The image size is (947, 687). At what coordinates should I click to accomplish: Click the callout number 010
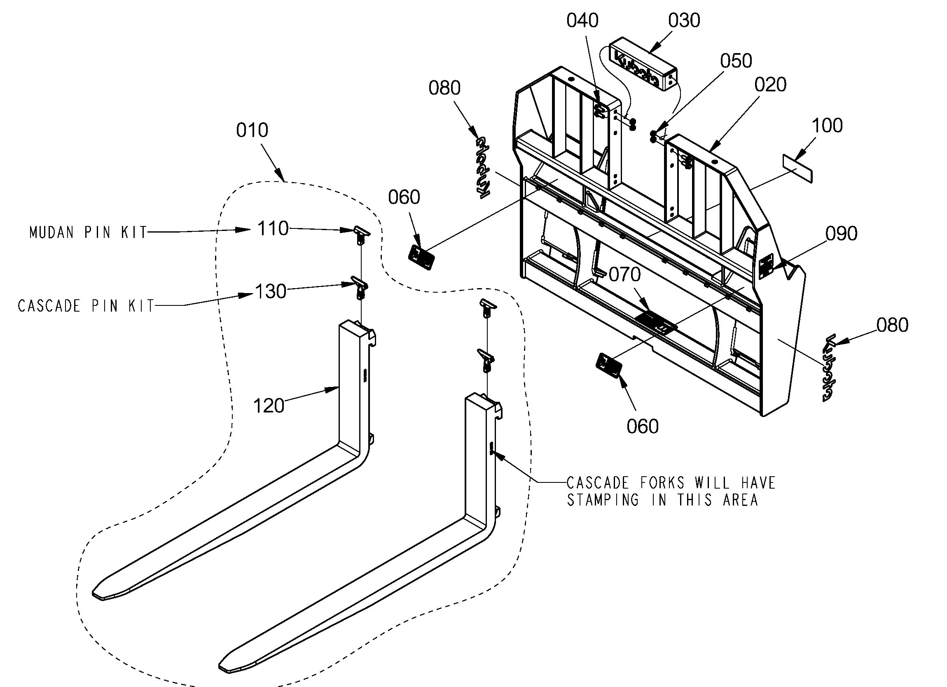[x=252, y=130]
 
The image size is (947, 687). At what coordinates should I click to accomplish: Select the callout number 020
[x=770, y=85]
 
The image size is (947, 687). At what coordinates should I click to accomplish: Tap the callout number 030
[x=684, y=21]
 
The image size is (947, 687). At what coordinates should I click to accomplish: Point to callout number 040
[x=582, y=21]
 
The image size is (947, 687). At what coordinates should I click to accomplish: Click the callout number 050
[x=736, y=61]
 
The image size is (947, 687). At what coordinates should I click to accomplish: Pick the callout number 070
[x=624, y=275]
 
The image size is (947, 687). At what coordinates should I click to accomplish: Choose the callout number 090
[x=842, y=234]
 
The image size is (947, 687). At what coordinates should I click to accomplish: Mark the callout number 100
[x=827, y=126]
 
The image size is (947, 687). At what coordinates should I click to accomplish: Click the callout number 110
[x=273, y=229]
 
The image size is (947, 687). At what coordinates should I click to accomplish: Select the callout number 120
[x=269, y=406]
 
